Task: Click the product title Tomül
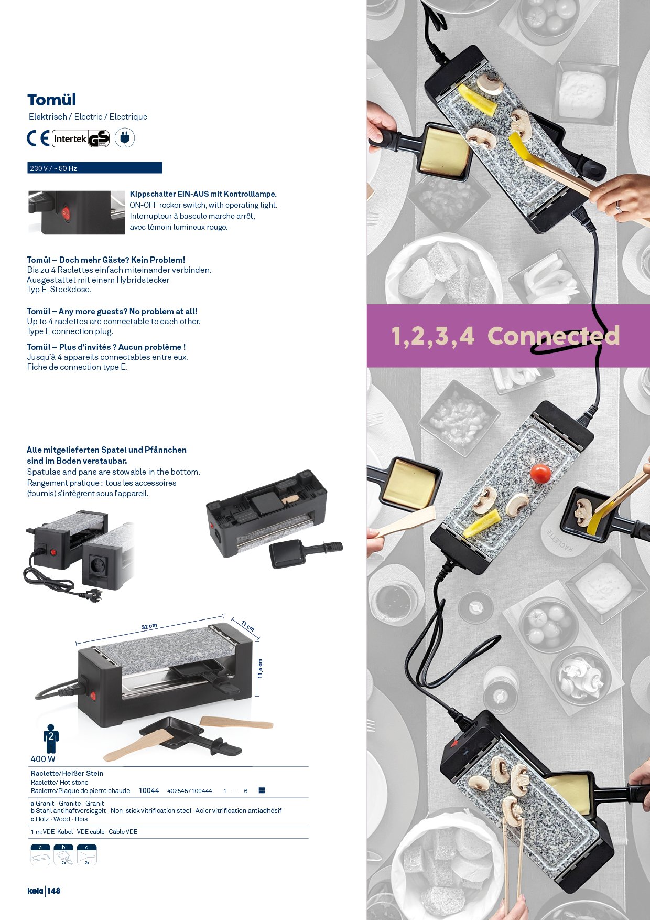[51, 100]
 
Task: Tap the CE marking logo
[38, 138]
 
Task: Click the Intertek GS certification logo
[81, 138]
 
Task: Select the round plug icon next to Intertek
[125, 138]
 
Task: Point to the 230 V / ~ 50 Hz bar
[95, 168]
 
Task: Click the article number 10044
[149, 790]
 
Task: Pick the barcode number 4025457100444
[190, 791]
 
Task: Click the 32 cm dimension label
[149, 626]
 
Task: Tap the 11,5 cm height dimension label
[261, 669]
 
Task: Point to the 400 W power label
[43, 759]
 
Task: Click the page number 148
[54, 891]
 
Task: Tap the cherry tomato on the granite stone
[540, 474]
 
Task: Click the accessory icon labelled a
[40, 854]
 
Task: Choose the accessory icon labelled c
[86, 854]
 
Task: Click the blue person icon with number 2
[51, 739]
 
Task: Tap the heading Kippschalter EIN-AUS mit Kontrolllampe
[203, 194]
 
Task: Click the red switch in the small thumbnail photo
[66, 213]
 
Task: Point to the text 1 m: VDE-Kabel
[52, 832]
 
